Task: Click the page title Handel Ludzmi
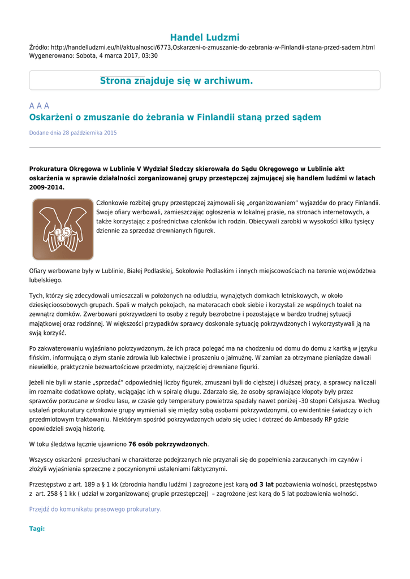click(205, 37)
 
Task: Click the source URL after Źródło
click(213, 47)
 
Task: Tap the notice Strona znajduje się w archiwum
click(176, 81)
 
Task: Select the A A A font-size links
click(39, 106)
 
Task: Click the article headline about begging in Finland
click(175, 117)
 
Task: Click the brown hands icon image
click(63, 229)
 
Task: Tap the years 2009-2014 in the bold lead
click(46, 187)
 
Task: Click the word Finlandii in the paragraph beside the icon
click(366, 202)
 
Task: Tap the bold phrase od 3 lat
click(261, 485)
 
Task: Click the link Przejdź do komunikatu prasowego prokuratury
click(95, 509)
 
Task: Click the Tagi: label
click(37, 529)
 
